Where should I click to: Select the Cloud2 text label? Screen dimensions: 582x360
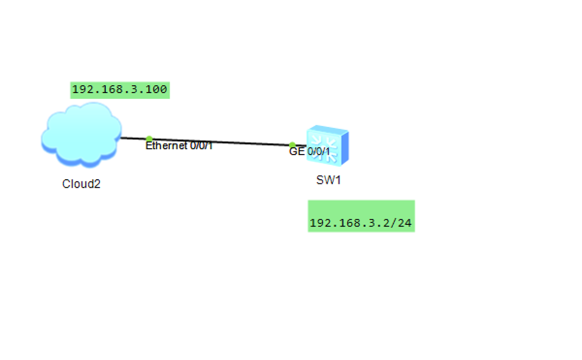tap(81, 184)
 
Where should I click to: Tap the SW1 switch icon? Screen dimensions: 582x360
tap(327, 146)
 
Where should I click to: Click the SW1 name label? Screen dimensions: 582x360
tap(329, 180)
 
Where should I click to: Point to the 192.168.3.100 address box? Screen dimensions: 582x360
tap(120, 90)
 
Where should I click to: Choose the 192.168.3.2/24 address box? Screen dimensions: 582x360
tap(361, 223)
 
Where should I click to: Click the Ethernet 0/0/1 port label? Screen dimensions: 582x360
tap(179, 146)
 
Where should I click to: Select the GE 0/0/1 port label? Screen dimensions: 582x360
tap(309, 152)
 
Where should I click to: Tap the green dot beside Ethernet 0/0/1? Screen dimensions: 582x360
tap(149, 139)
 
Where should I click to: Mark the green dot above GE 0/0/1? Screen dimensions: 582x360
tap(292, 145)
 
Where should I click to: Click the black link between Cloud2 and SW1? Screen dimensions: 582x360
tap(221, 142)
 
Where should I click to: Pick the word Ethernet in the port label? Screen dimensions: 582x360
tap(167, 146)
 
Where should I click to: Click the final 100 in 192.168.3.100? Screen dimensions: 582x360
tap(159, 90)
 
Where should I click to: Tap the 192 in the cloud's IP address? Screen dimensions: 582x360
tap(80, 90)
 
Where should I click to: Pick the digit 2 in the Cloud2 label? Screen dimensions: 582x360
tap(97, 184)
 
